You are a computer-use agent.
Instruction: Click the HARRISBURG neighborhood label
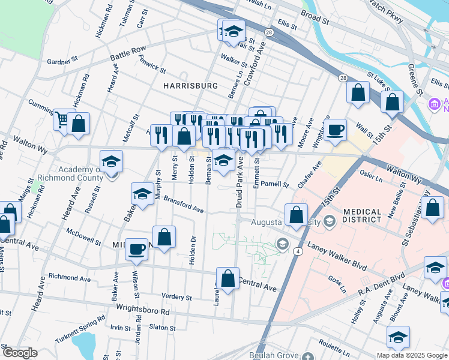pyautogui.click(x=190, y=86)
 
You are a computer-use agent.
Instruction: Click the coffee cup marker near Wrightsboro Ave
pyautogui.click(x=336, y=128)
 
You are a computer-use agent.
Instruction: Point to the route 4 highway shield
pyautogui.click(x=297, y=251)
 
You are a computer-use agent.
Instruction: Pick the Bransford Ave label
pyautogui.click(x=184, y=205)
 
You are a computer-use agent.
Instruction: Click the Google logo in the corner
pyautogui.click(x=19, y=353)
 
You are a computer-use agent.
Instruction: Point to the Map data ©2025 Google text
pyautogui.click(x=412, y=355)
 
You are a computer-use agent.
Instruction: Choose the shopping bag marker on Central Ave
pyautogui.click(x=228, y=278)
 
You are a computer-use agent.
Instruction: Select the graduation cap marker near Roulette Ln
pyautogui.click(x=397, y=338)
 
